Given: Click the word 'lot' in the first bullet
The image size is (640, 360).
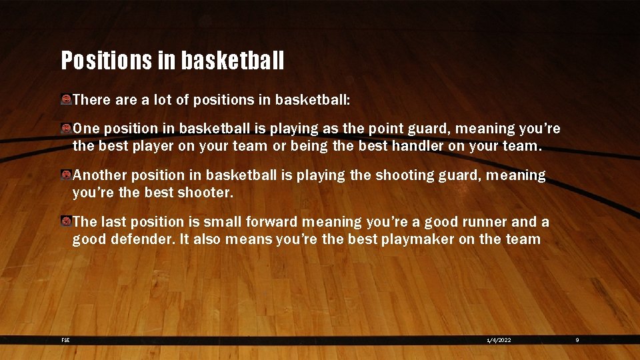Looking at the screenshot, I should point(164,100).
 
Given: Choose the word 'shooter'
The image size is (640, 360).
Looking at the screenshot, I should point(206,193).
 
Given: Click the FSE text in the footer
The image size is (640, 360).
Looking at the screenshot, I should point(65,340).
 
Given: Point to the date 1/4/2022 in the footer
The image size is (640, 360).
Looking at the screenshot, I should point(499,340).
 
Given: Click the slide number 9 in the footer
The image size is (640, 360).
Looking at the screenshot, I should point(577,340).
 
